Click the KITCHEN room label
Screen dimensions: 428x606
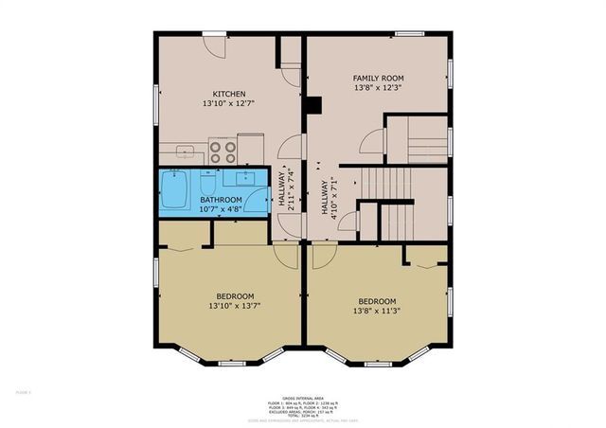click(x=229, y=94)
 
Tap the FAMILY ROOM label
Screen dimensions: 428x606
click(x=378, y=78)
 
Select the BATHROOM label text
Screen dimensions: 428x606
click(x=221, y=200)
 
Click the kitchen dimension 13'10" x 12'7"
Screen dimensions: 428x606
click(x=229, y=103)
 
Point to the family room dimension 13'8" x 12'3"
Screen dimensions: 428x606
click(x=378, y=87)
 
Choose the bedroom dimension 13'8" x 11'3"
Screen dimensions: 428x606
click(x=376, y=311)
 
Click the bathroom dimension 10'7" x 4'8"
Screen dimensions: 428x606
click(x=221, y=209)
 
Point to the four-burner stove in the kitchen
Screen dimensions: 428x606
click(x=222, y=152)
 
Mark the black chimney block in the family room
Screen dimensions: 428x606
click(x=315, y=105)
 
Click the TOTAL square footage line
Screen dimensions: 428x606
click(x=302, y=416)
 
